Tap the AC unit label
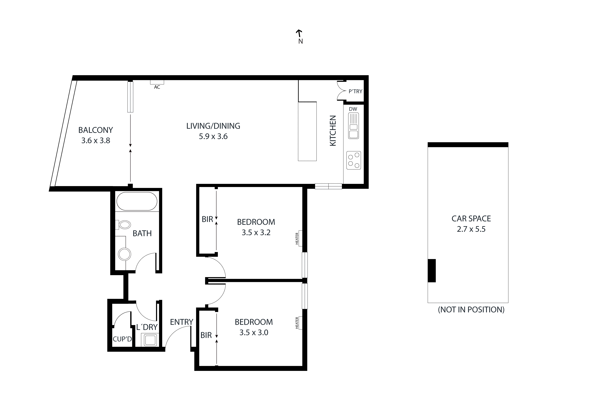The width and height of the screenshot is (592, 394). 157,87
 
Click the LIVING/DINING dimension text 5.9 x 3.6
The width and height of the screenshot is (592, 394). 213,136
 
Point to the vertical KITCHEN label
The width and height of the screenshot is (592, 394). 333,131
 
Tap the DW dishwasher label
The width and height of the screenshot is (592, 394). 353,109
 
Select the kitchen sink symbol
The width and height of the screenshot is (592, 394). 353,126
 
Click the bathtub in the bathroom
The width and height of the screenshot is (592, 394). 137,201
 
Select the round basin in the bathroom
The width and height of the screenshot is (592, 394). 124,254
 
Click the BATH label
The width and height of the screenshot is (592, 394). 142,233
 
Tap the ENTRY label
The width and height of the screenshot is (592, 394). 181,322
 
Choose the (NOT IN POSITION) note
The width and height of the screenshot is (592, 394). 471,310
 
